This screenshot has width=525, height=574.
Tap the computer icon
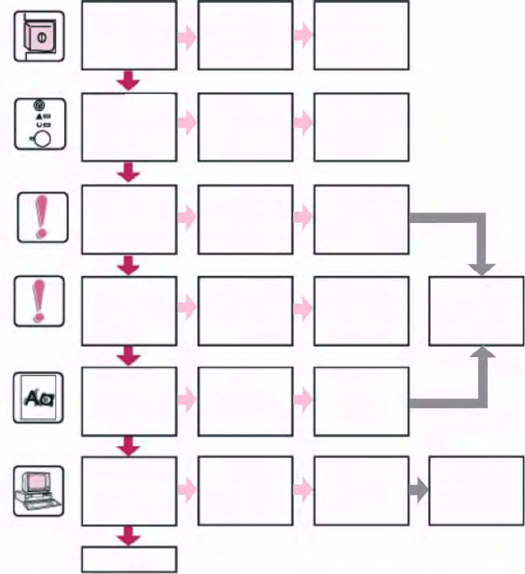[x=38, y=491]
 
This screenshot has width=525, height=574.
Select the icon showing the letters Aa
[x=38, y=398]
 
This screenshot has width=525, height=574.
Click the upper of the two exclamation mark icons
[x=41, y=216]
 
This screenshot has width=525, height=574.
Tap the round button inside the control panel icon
[x=41, y=138]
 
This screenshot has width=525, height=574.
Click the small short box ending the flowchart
[x=129, y=559]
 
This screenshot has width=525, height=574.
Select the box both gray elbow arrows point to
[x=476, y=311]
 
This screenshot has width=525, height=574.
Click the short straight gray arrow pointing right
[x=418, y=490]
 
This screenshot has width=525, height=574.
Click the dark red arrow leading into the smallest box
[x=128, y=536]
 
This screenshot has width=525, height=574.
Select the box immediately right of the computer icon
[x=129, y=491]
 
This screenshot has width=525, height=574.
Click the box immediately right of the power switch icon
[x=129, y=35]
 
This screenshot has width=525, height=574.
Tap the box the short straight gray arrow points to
[x=476, y=491]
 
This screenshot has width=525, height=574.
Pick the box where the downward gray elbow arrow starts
[x=361, y=219]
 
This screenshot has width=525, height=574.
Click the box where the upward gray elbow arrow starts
[x=361, y=401]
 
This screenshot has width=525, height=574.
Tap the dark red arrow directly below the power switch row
[x=128, y=80]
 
